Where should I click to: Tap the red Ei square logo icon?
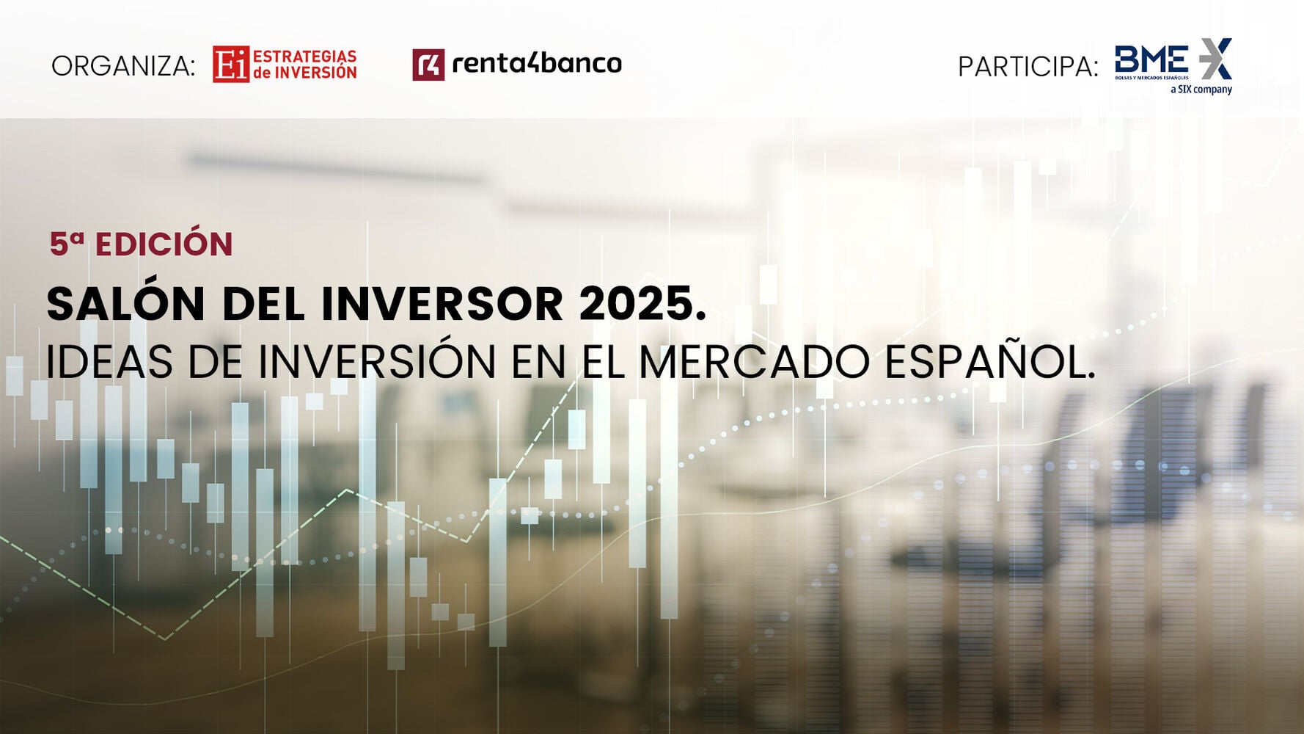click(x=231, y=65)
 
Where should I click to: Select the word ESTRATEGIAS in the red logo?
click(x=304, y=56)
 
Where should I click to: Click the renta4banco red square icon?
click(x=428, y=65)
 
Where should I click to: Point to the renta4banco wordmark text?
click(x=537, y=63)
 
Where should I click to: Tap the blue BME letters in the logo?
click(x=1151, y=59)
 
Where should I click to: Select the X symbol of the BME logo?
click(x=1216, y=59)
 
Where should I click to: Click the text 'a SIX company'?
click(x=1201, y=90)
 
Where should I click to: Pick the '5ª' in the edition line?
click(x=67, y=244)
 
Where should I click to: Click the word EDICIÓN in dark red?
click(x=164, y=244)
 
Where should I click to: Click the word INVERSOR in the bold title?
click(x=442, y=304)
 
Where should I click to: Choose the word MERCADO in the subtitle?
click(x=755, y=362)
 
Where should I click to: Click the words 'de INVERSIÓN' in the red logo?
click(x=304, y=72)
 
